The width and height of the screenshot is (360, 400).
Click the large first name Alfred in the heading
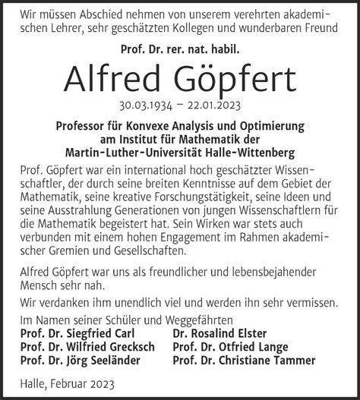(x=117, y=77)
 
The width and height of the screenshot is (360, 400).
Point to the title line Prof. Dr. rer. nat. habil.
(x=180, y=49)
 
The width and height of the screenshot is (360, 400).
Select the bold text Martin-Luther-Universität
(x=146, y=151)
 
